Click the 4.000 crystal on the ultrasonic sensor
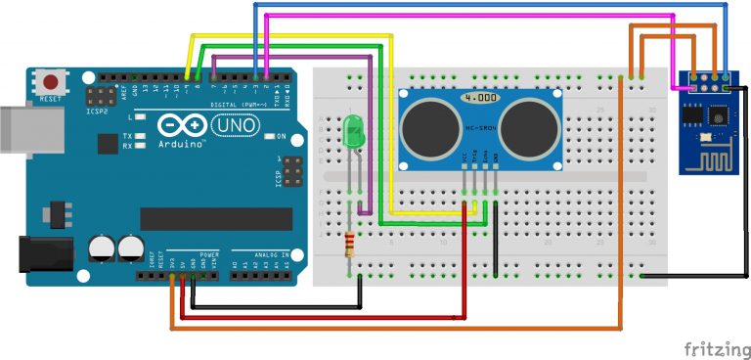pyautogui.click(x=481, y=99)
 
